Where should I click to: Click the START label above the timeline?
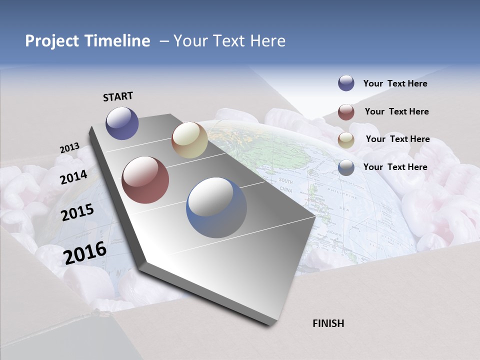coord(118,96)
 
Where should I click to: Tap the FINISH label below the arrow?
coord(328,323)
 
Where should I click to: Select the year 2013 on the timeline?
coord(69,148)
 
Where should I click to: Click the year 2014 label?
coord(74,177)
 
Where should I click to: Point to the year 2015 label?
coord(77,212)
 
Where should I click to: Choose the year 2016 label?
coord(85,253)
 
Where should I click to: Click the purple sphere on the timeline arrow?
coord(122,123)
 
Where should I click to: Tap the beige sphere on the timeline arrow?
coord(189,140)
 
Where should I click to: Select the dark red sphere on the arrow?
coord(145,180)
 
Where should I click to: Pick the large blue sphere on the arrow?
coord(216,207)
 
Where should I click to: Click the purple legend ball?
coord(346,83)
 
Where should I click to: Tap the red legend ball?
coord(346,111)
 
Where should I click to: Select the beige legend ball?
coord(346,139)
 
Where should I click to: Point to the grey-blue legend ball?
coord(346,167)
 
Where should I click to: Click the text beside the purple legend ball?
coord(395,83)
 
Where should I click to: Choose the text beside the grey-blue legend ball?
coord(395,167)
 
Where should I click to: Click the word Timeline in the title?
coord(117,41)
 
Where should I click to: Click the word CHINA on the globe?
coord(286,190)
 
